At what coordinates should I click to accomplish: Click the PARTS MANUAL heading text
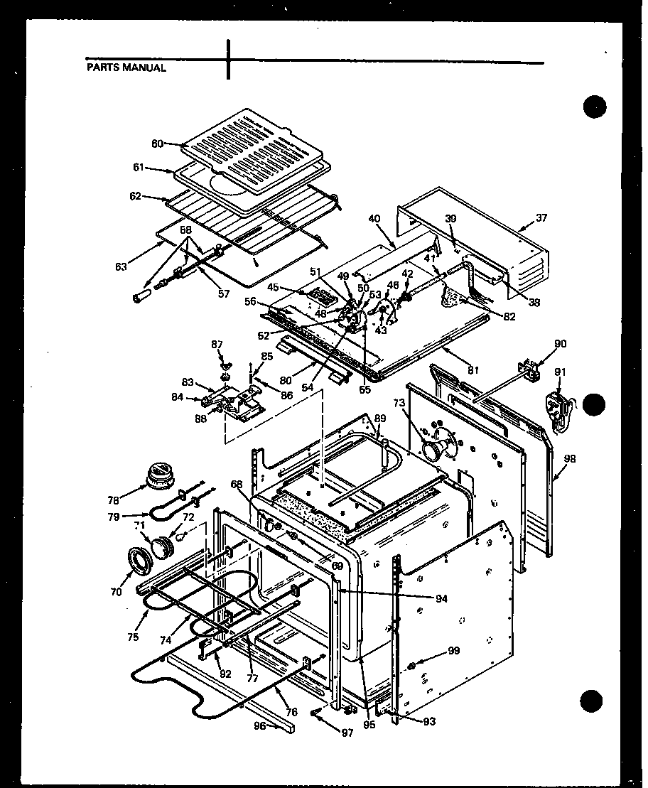pyautogui.click(x=126, y=68)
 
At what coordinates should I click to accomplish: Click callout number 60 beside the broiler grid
pyautogui.click(x=157, y=144)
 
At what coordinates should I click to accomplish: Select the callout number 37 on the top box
pyautogui.click(x=543, y=217)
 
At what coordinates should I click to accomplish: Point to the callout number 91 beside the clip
pyautogui.click(x=561, y=372)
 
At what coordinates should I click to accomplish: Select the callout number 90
pyautogui.click(x=560, y=345)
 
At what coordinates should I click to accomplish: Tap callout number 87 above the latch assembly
pyautogui.click(x=217, y=344)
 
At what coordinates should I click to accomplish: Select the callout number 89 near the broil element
pyautogui.click(x=380, y=419)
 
